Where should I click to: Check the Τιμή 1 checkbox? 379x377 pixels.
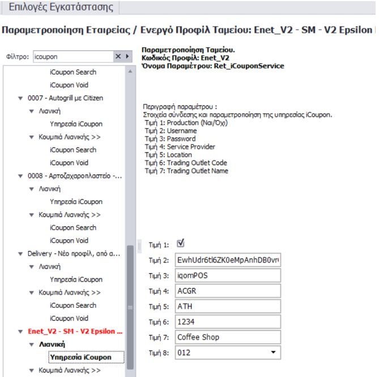coord(181,244)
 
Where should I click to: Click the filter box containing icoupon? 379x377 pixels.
coord(71,57)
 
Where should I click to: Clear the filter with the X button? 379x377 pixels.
coord(118,57)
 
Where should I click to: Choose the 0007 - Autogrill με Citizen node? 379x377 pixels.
coord(65,98)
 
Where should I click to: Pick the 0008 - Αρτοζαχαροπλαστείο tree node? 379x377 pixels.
coord(74,176)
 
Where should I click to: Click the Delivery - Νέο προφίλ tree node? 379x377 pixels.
coord(74,253)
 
